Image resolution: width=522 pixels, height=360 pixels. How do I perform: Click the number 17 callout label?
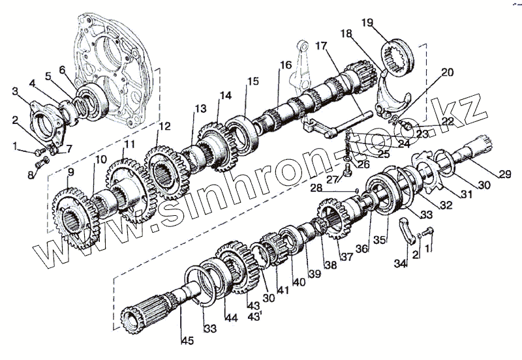[x=320, y=46]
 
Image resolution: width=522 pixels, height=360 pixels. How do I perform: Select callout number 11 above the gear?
[x=130, y=144]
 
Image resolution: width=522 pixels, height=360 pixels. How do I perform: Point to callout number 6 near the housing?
[x=63, y=70]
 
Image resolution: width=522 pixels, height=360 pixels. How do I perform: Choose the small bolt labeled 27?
[x=347, y=172]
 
